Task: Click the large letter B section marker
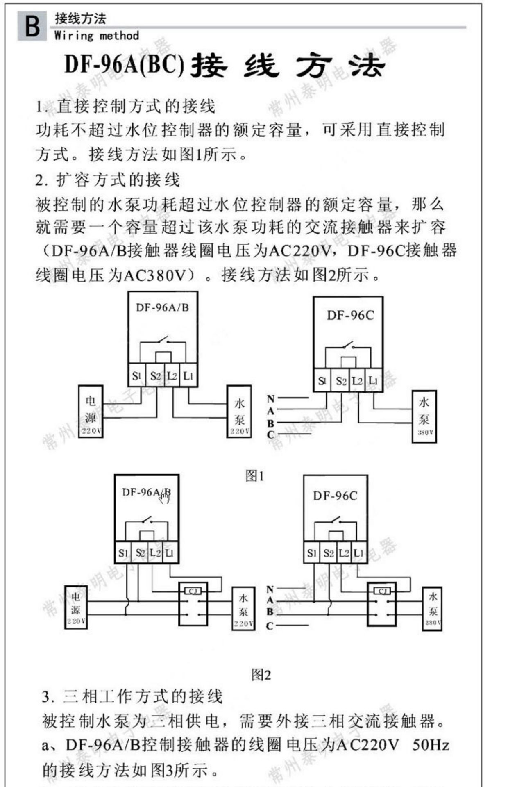(x=32, y=26)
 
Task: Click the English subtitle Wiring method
(x=97, y=36)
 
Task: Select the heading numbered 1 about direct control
(x=125, y=107)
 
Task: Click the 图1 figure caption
(x=254, y=476)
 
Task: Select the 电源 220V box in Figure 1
(x=91, y=411)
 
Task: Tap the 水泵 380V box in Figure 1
(x=424, y=416)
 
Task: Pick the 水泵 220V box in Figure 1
(x=239, y=412)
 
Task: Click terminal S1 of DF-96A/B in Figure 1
(x=136, y=375)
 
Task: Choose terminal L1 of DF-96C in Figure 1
(x=373, y=381)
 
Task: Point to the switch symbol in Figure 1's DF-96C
(x=348, y=345)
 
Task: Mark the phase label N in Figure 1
(x=270, y=398)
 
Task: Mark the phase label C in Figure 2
(x=270, y=626)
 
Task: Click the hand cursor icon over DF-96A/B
(x=165, y=498)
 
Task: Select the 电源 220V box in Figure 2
(x=76, y=607)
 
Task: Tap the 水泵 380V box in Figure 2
(x=432, y=608)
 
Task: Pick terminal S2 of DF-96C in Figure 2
(x=328, y=553)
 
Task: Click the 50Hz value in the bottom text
(x=431, y=744)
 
